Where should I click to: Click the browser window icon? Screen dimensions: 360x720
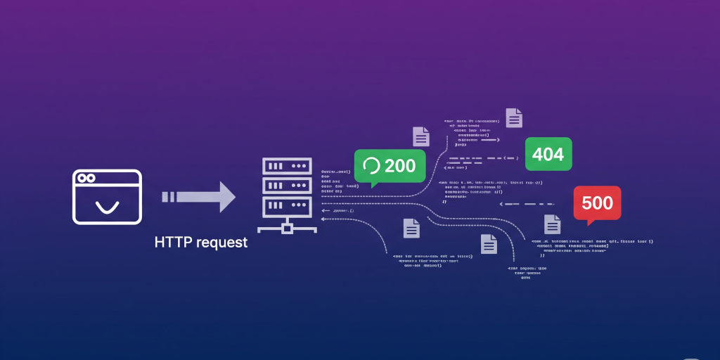coord(108,196)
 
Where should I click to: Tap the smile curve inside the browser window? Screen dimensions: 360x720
coord(107,207)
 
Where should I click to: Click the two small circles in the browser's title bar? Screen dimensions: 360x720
coord(86,179)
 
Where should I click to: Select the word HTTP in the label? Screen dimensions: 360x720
coord(173,243)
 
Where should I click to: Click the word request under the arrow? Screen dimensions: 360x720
coord(221,243)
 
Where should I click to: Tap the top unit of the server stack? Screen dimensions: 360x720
coord(286,166)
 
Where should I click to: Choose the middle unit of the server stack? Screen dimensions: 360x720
coord(286,186)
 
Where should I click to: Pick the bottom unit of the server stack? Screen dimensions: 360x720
coord(286,206)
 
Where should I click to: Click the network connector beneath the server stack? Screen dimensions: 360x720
coord(286,227)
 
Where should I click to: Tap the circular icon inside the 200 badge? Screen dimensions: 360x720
coord(371,166)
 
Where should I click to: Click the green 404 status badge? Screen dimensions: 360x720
coord(548,154)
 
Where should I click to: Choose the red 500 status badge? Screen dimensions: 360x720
coord(597,202)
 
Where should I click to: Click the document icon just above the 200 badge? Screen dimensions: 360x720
coord(420,136)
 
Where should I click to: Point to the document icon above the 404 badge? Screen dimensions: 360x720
coord(514,117)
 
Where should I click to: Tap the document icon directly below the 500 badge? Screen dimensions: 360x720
coord(553,224)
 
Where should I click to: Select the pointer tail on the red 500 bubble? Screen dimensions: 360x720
coord(591,222)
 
